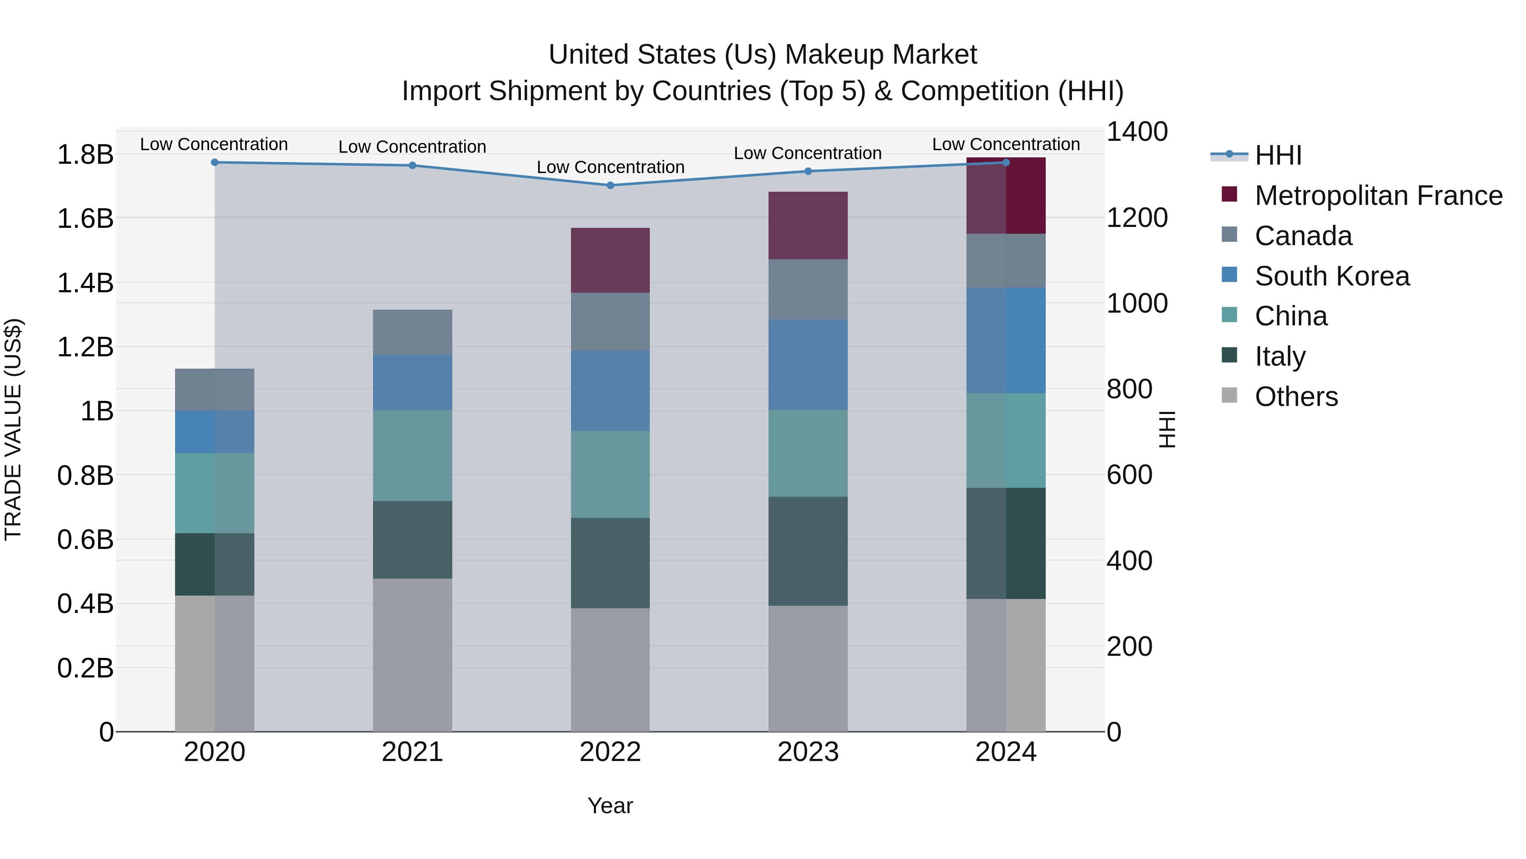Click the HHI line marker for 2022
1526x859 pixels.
[x=610, y=185]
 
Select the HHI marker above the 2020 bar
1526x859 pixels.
[x=214, y=162]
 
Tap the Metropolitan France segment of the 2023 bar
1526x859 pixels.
[x=808, y=225]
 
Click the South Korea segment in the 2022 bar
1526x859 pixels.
[x=610, y=390]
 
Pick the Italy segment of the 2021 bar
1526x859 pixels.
[x=412, y=540]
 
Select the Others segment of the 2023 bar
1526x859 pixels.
[x=808, y=668]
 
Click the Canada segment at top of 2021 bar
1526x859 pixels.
[x=412, y=332]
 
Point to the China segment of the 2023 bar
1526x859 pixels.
[x=808, y=453]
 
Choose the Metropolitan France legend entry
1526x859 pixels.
[x=1378, y=196]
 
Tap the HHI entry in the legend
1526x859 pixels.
[x=1278, y=155]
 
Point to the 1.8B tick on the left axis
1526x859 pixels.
[x=85, y=155]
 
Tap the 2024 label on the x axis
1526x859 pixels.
[x=1005, y=752]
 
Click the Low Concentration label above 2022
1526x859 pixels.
[x=610, y=167]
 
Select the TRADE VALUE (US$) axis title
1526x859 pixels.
[x=13, y=429]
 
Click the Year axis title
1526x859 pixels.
[x=610, y=806]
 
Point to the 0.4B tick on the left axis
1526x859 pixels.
[x=85, y=604]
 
